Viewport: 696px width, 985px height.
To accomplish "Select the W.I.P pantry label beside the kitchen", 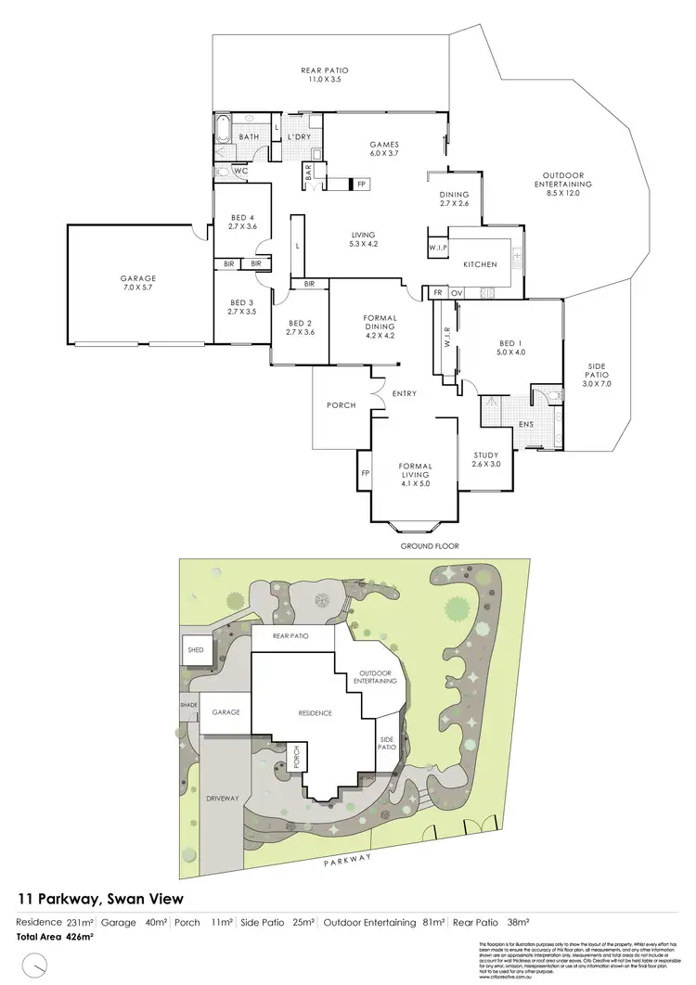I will point(438,248).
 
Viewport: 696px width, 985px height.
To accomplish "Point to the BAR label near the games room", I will point(308,173).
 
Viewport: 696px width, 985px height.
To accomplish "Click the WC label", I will point(239,172).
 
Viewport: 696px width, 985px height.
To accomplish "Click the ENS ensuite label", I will point(525,425).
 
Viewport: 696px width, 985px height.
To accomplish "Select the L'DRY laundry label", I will point(298,138).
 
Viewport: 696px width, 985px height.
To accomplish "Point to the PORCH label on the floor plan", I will point(341,405).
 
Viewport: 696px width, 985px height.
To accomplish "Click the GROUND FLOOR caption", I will point(430,546).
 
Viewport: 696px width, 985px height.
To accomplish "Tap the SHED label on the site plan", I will point(196,650).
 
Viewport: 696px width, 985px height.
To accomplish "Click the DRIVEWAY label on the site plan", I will point(223,797).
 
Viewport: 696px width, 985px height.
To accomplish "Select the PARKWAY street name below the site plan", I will point(348,861).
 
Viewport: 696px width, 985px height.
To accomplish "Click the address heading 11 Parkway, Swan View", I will point(101,898).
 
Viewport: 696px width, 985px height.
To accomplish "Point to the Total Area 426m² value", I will point(56,937).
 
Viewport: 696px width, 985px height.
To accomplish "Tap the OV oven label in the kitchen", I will point(456,292).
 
